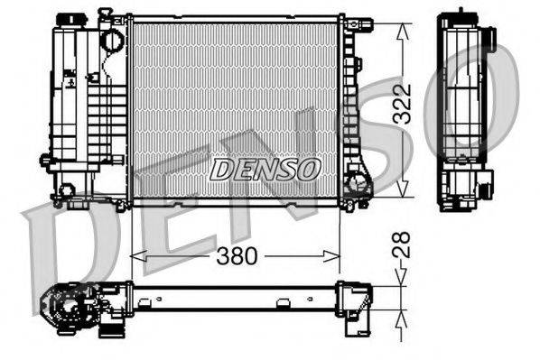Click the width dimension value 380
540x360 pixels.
[x=237, y=256]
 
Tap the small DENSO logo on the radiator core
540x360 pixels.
[x=265, y=168]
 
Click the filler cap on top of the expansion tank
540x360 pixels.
[x=67, y=20]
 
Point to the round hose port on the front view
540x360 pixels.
[x=111, y=41]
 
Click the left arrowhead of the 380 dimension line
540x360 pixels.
[x=135, y=256]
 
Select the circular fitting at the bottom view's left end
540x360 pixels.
[x=69, y=309]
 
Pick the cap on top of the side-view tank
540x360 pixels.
[x=464, y=16]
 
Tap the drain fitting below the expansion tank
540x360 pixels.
[x=67, y=191]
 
